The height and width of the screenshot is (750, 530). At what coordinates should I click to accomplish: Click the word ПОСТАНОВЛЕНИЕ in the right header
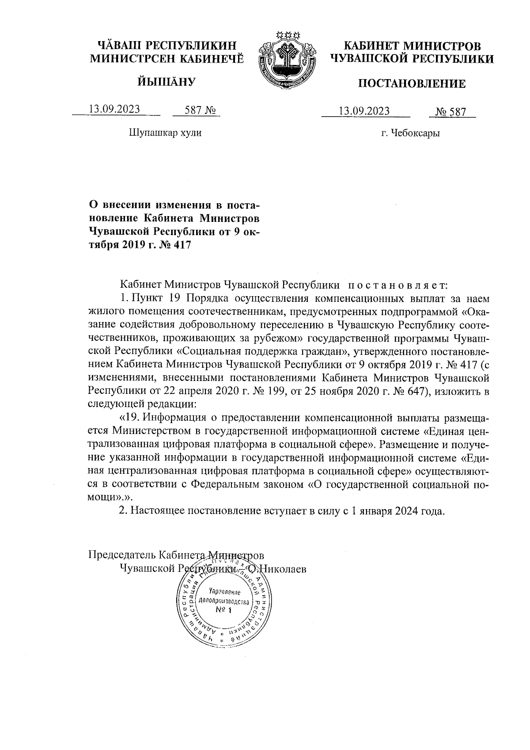[x=411, y=84]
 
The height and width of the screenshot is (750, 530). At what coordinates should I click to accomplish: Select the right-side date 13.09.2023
[x=364, y=111]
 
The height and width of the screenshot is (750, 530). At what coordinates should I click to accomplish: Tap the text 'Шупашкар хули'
[x=165, y=133]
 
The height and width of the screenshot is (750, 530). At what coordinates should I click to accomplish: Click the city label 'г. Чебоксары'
[x=411, y=133]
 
